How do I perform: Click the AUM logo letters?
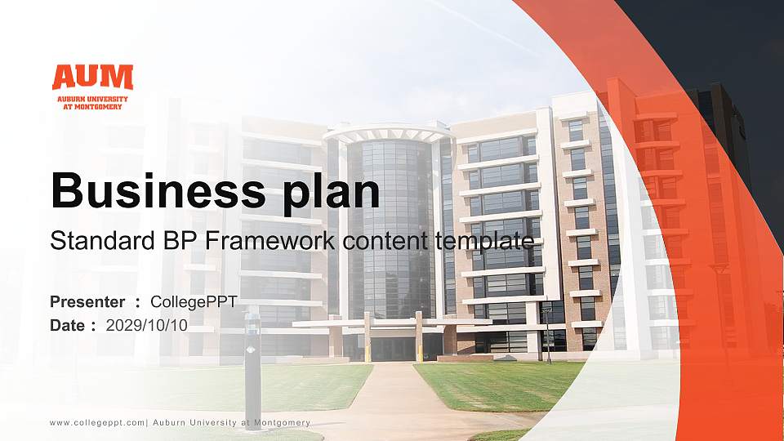[91, 78]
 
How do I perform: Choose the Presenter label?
[87, 302]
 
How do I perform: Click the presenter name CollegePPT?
[194, 302]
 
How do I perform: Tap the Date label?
[68, 325]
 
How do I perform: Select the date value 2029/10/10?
[147, 325]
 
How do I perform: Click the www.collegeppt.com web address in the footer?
[97, 422]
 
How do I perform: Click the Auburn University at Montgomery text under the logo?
[91, 103]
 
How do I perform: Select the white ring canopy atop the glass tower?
[389, 131]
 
